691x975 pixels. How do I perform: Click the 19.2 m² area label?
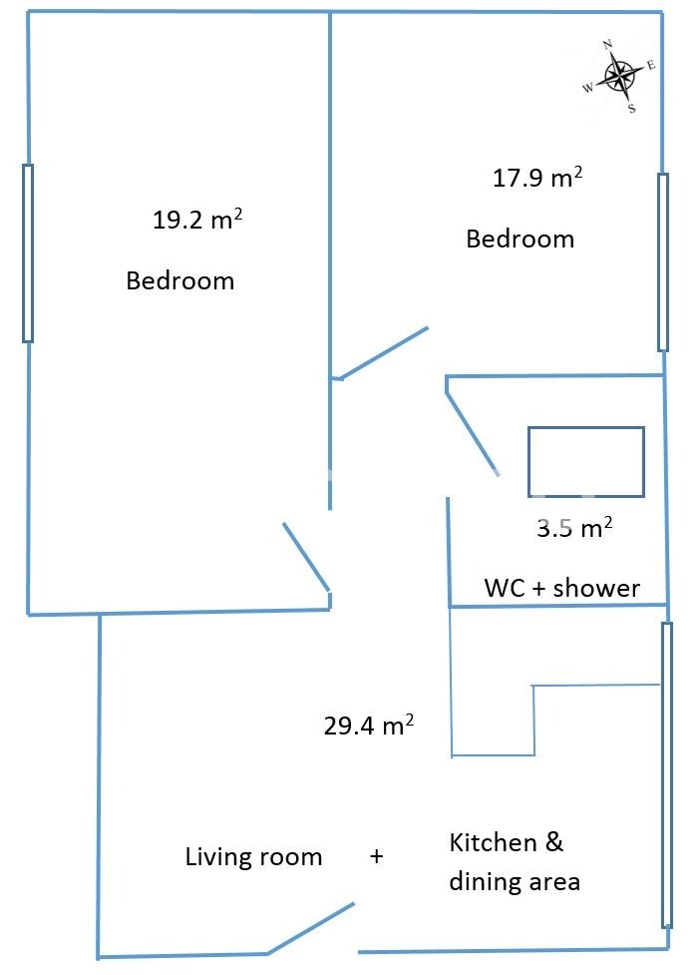click(197, 220)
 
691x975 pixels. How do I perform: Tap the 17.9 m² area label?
click(537, 178)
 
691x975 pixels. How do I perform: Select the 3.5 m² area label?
click(574, 527)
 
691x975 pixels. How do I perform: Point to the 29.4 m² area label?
click(369, 726)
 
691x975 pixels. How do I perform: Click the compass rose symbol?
click(619, 77)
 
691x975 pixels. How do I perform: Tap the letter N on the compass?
click(607, 44)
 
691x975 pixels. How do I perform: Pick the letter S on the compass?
click(632, 109)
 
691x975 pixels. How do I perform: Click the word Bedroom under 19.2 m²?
click(180, 280)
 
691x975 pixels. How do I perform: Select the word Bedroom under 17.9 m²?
click(520, 239)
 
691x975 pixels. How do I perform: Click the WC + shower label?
click(561, 588)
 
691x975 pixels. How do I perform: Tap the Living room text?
click(253, 857)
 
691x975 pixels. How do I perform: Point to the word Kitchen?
click(493, 842)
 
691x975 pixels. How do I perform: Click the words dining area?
click(515, 881)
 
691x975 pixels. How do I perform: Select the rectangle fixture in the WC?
click(586, 428)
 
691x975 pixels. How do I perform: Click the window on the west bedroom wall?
click(27, 253)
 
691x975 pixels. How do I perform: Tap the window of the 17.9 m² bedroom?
click(663, 262)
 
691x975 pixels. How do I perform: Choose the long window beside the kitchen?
click(667, 774)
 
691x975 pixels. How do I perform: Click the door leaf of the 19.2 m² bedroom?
click(306, 557)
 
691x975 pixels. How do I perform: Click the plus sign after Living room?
click(377, 856)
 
